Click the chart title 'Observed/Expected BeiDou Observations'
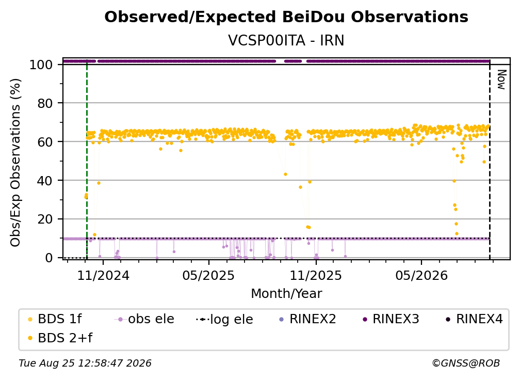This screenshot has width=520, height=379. tap(286, 17)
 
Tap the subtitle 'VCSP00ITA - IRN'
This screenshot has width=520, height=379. tap(286, 40)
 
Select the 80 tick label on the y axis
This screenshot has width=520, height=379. tap(45, 103)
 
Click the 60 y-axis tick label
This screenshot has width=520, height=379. tap(45, 141)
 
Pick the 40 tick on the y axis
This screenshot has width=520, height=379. tap(45, 181)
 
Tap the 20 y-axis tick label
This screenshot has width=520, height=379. tap(45, 219)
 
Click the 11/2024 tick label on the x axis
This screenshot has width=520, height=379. tap(103, 275)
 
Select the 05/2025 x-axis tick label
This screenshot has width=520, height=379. tap(208, 275)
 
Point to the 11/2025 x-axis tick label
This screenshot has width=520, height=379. tap(316, 275)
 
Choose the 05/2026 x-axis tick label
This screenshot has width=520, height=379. tap(421, 275)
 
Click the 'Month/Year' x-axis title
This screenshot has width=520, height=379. tap(286, 293)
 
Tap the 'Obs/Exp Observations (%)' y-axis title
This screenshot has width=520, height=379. tap(15, 163)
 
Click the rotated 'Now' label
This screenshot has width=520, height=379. tap(501, 80)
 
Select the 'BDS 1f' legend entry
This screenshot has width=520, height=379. tap(55, 319)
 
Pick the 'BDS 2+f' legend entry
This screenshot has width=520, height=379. tap(60, 338)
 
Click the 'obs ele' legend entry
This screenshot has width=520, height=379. tap(144, 319)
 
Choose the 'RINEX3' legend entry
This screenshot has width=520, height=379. tap(391, 319)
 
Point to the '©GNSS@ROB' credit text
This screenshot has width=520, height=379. tap(466, 363)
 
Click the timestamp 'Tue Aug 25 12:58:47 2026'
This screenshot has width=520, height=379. tap(85, 363)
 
